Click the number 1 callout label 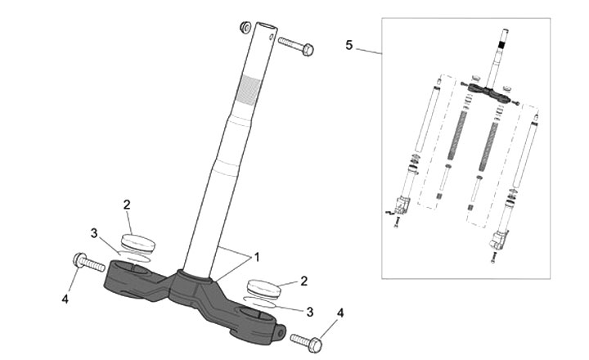pos(256,257)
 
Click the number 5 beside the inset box pos(349,45)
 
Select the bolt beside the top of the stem pos(296,45)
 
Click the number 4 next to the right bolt pos(341,312)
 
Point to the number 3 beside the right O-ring pos(309,312)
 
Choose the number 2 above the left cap pos(127,204)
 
